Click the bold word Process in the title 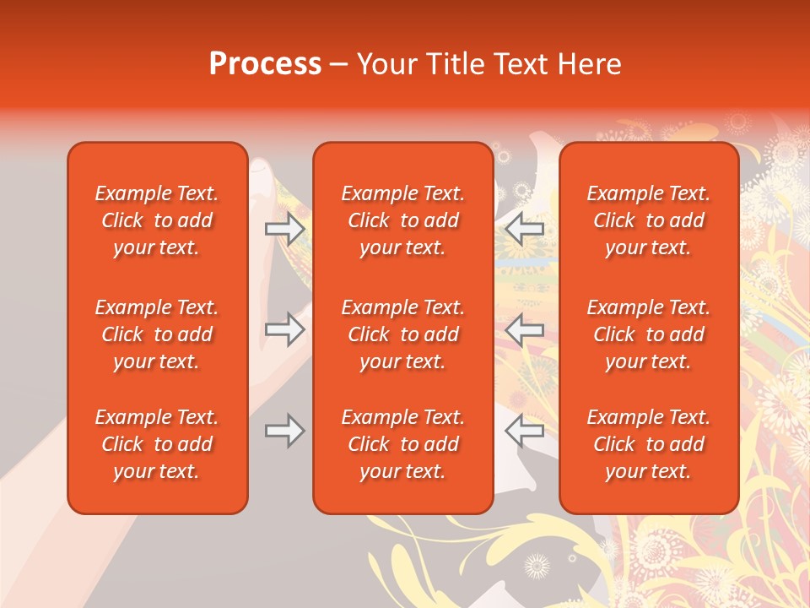[x=265, y=64]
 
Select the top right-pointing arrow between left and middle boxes [x=285, y=229]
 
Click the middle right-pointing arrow [x=285, y=329]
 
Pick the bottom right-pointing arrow [x=285, y=431]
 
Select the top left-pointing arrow [x=524, y=229]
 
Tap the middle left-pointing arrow [x=524, y=329]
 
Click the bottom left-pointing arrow [x=524, y=431]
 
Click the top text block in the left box [x=157, y=220]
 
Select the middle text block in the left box [x=157, y=334]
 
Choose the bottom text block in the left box [x=157, y=444]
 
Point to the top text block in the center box [x=403, y=220]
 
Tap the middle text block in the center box [x=403, y=334]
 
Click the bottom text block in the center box [x=403, y=444]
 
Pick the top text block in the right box [x=649, y=220]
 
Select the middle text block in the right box [x=649, y=334]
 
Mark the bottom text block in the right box [x=649, y=444]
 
